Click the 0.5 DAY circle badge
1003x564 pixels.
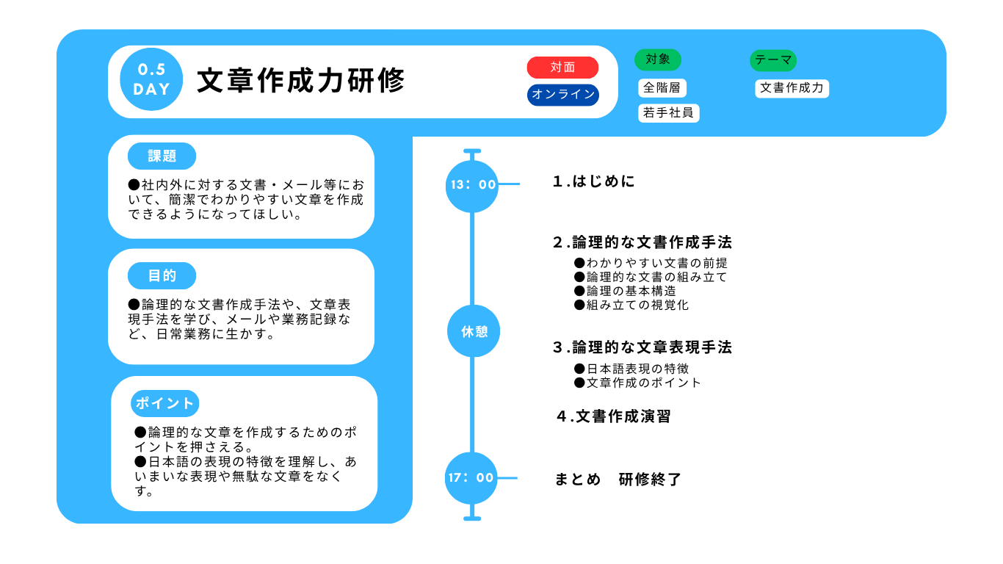click(x=151, y=79)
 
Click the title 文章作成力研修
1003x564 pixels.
click(x=301, y=81)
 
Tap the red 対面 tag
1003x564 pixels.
click(x=562, y=68)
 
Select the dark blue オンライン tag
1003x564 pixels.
click(x=563, y=95)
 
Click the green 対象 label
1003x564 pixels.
click(x=658, y=59)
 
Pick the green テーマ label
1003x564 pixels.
click(x=773, y=60)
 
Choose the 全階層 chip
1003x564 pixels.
click(x=662, y=88)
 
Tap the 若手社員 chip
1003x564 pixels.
click(x=668, y=113)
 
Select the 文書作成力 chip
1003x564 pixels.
click(x=792, y=88)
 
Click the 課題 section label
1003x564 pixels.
click(x=162, y=156)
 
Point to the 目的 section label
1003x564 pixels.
click(x=162, y=275)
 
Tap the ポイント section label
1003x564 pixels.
click(x=164, y=403)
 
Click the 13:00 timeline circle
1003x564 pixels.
click(x=472, y=186)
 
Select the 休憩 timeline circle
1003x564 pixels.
click(x=474, y=331)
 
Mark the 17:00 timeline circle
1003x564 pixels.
click(x=471, y=478)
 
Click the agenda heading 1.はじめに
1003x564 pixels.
click(x=594, y=181)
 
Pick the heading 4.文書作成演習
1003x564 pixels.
click(x=614, y=416)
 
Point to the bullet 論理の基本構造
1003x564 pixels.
click(x=625, y=292)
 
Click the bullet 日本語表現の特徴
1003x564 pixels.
click(x=631, y=369)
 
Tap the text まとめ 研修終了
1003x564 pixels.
click(x=618, y=480)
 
